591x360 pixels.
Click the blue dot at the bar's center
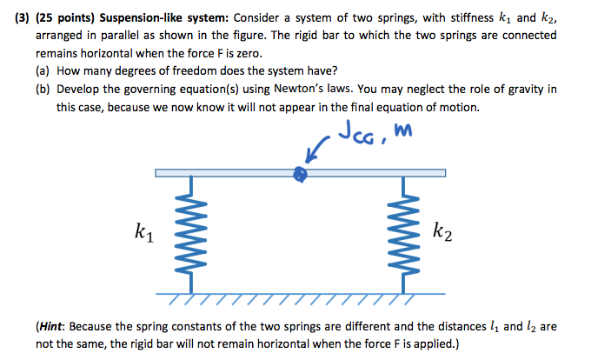(300, 175)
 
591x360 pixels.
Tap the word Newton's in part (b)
(335, 90)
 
